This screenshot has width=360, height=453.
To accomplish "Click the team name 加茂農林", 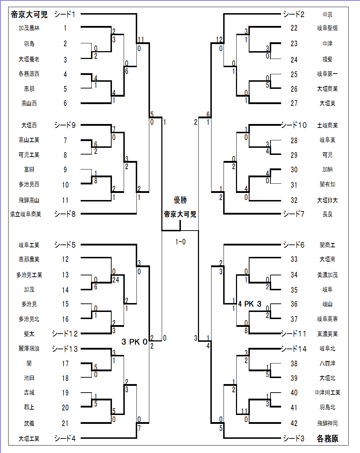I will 29,28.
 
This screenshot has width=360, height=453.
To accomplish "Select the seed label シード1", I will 65,14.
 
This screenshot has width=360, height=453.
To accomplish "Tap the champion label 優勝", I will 180,200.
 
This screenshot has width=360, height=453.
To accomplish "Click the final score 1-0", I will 180,242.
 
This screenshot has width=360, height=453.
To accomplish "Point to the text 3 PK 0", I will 134,342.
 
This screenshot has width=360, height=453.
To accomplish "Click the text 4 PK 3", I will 250,304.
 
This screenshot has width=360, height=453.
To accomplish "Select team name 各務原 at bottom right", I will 327,438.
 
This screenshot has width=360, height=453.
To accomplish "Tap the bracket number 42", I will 294,423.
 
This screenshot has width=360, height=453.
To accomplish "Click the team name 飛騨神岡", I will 327,423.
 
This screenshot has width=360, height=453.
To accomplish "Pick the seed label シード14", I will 294,349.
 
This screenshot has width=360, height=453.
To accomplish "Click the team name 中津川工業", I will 327,393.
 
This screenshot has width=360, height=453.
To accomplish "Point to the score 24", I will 115,280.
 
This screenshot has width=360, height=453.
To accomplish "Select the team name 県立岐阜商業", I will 26,214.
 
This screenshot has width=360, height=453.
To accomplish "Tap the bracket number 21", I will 65,423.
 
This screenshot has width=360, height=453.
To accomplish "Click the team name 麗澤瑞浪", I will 29,349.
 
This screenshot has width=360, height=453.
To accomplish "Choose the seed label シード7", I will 294,214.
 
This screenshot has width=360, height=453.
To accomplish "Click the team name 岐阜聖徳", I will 327,28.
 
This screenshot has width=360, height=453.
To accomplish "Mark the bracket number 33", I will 294,259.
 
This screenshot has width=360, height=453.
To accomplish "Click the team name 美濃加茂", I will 327,275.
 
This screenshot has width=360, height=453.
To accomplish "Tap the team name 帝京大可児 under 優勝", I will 180,214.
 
